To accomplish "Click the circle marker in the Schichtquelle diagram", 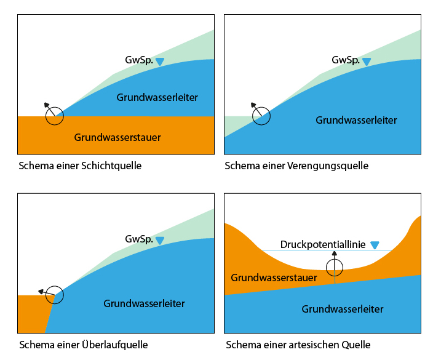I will click(x=55, y=116).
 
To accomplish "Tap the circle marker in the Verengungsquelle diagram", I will click(x=261, y=116).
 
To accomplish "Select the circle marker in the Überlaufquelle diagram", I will click(x=55, y=294).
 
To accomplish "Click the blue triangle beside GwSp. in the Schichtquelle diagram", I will click(x=160, y=62).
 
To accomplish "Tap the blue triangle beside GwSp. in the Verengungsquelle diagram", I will click(x=367, y=62).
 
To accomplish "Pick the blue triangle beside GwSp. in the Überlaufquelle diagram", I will click(x=160, y=240).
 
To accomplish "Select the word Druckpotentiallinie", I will click(x=322, y=244).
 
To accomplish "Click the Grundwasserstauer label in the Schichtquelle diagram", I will click(x=117, y=137).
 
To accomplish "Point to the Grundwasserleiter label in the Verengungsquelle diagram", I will click(x=356, y=120).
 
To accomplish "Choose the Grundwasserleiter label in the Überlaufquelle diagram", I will click(x=144, y=303).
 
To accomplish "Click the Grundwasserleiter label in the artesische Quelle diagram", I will click(x=343, y=309).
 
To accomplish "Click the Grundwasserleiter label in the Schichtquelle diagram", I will click(x=157, y=97).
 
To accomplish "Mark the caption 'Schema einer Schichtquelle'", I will click(x=81, y=166).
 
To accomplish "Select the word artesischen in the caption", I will click(x=305, y=345).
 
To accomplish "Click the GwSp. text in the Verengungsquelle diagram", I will click(x=345, y=60).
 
